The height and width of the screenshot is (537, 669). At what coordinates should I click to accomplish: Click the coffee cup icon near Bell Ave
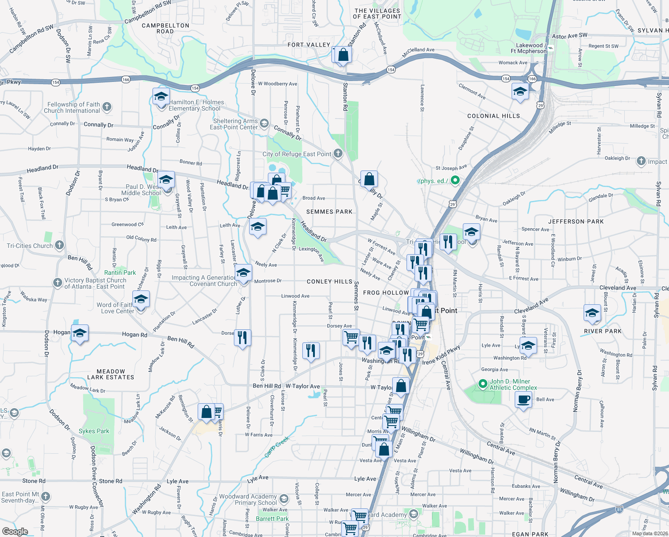coord(523,399)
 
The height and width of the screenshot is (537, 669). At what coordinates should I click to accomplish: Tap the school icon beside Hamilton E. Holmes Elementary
coord(161,96)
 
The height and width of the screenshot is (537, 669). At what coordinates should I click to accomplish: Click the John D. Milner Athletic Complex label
coord(513,385)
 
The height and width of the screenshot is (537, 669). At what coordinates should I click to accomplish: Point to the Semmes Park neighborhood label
coord(329,212)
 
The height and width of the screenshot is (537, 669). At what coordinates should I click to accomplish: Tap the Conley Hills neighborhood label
coord(330,281)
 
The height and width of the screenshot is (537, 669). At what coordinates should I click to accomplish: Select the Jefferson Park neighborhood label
coord(576,222)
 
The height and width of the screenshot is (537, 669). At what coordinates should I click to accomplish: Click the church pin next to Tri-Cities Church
coord(59,245)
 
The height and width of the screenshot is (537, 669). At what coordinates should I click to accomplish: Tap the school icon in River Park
coord(592,312)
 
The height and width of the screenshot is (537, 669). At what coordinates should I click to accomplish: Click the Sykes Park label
coord(94,431)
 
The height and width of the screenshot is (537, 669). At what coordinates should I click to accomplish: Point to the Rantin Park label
coord(120,273)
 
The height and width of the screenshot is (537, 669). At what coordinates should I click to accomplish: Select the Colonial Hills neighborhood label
coord(493,116)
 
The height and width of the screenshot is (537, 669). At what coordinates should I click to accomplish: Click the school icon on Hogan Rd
coord(80,333)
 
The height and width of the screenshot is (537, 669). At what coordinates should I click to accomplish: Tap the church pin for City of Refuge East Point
coord(338,153)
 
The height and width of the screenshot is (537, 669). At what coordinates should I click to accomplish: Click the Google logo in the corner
coord(15,532)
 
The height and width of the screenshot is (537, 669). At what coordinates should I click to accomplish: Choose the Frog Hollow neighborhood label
coord(386,293)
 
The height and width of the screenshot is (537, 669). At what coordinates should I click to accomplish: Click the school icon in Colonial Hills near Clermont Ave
coord(520,91)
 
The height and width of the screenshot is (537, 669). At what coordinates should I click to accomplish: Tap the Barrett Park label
coord(272,519)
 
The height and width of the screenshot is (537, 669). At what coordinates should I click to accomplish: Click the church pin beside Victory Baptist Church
coord(57,283)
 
